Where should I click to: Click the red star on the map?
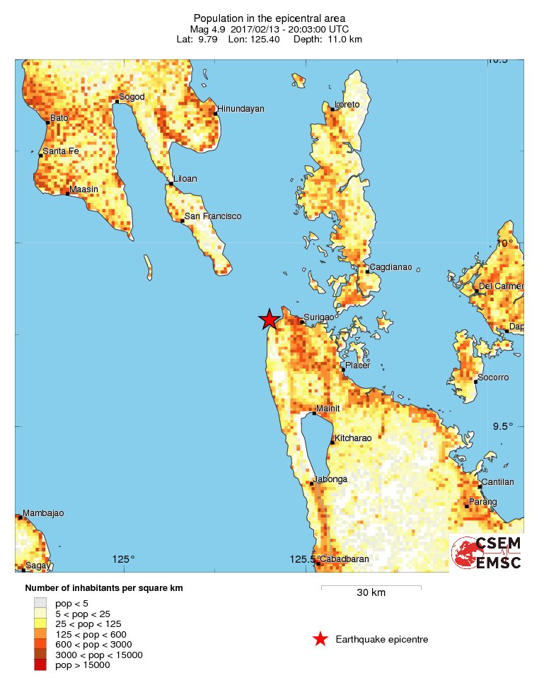point(269,320)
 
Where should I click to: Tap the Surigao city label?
point(318,317)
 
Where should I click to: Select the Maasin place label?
point(83,189)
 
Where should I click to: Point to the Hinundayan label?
point(241,109)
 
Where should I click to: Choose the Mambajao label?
point(43,513)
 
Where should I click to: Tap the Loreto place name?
point(347,105)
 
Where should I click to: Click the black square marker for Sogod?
point(117,102)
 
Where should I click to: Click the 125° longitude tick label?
point(124,560)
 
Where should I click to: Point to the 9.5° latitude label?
point(502,426)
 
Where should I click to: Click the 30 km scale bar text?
point(371,593)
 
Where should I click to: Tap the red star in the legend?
point(320,639)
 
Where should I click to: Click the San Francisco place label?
point(213,216)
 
